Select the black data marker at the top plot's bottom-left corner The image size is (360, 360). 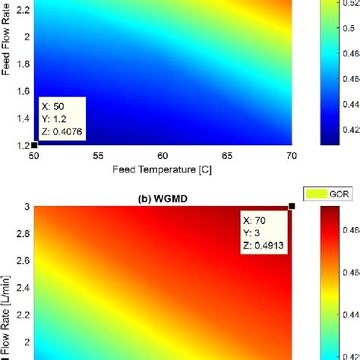(x=33, y=144)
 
